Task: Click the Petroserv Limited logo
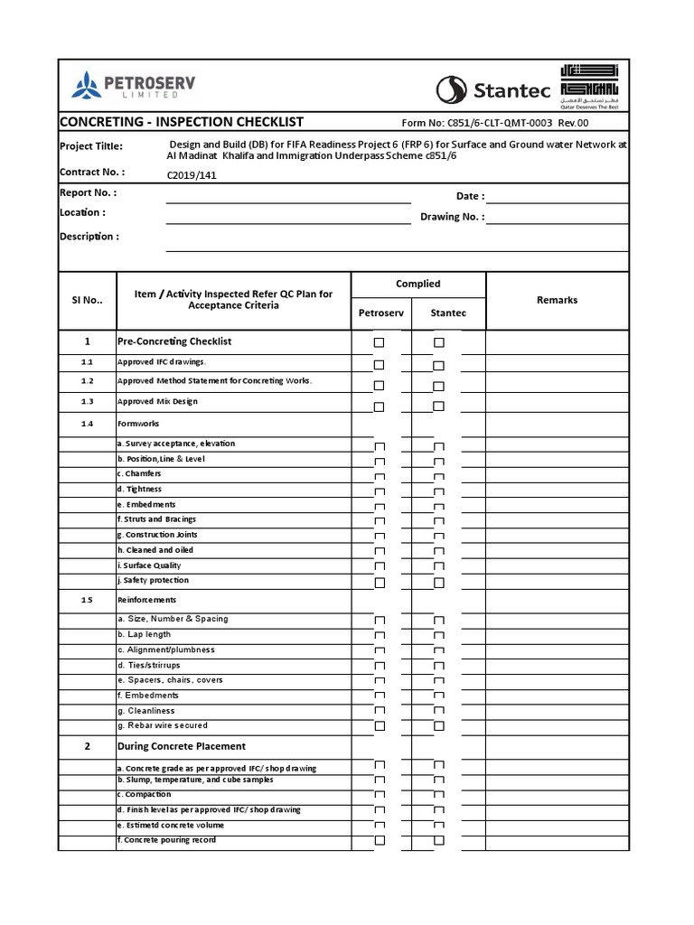click(133, 87)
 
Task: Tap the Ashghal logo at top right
click(591, 86)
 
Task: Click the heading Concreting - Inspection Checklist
click(181, 122)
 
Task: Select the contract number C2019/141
click(192, 176)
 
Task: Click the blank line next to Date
click(557, 196)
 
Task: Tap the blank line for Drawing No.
click(557, 217)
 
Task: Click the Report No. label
click(88, 192)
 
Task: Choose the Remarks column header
click(557, 300)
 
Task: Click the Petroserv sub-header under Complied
click(381, 313)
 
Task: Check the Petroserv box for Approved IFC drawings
click(380, 365)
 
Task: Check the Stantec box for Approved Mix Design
click(439, 406)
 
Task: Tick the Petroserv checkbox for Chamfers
click(380, 477)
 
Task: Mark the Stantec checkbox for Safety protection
click(439, 584)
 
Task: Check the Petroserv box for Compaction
click(380, 796)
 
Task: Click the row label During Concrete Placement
click(182, 746)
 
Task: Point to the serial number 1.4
click(87, 424)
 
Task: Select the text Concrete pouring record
click(168, 840)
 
